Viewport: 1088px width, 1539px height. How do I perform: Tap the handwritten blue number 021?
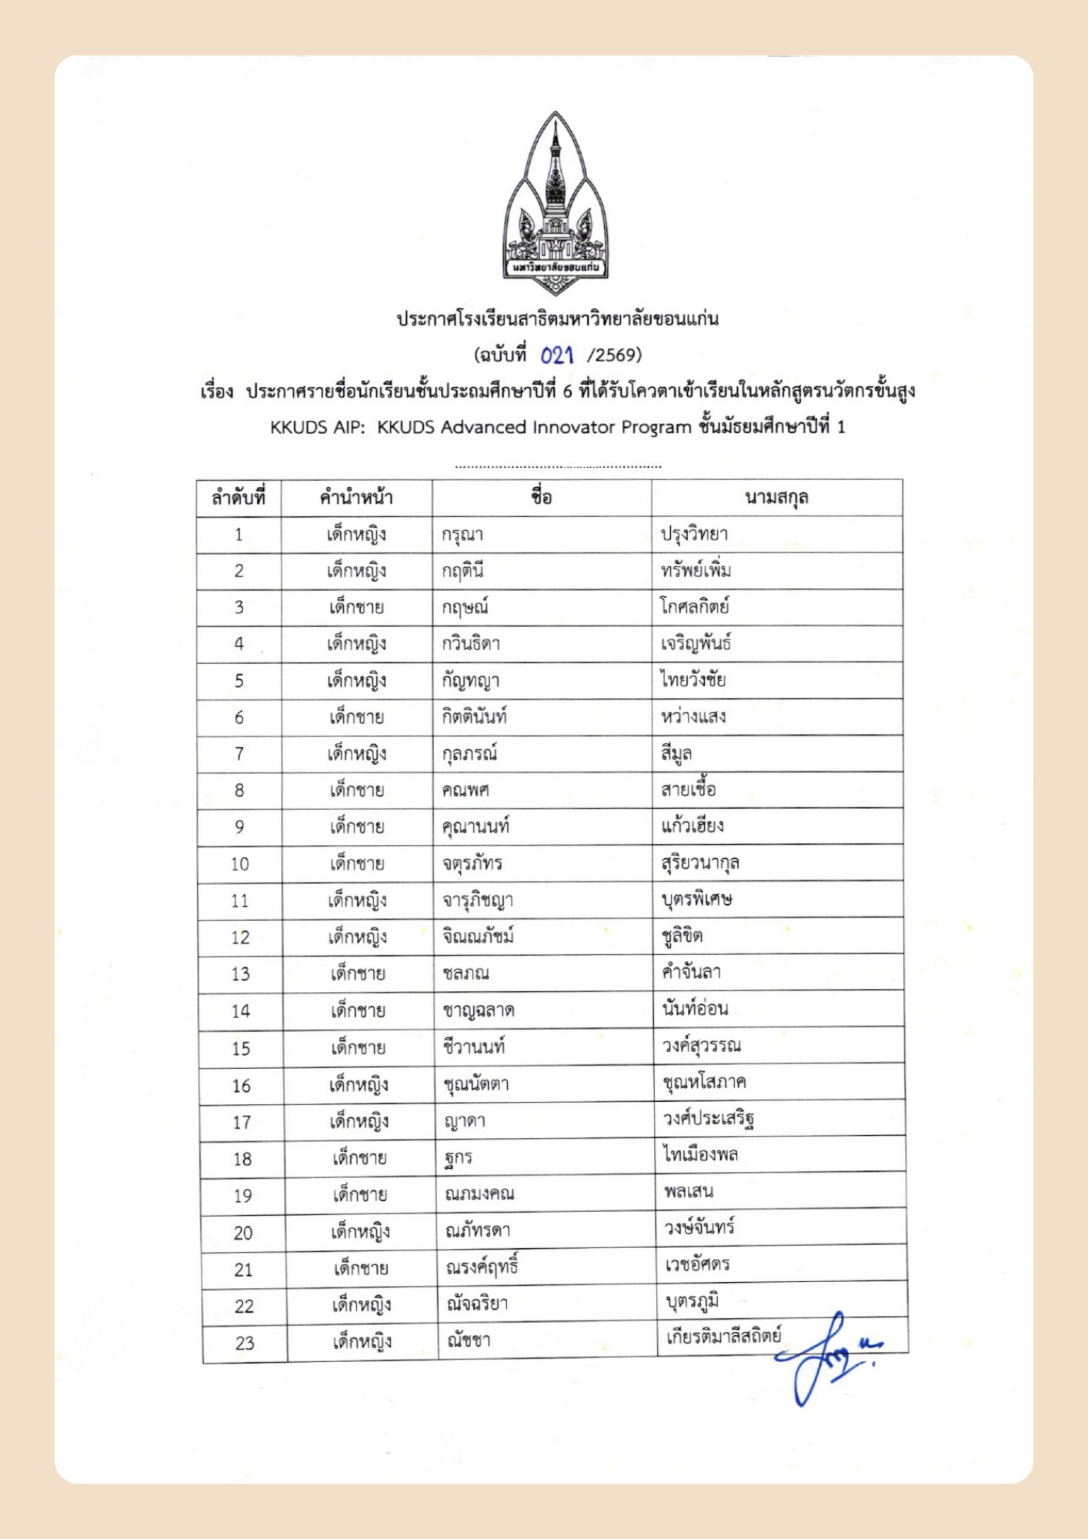tap(557, 355)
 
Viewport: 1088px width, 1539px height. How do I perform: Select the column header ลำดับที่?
tap(239, 498)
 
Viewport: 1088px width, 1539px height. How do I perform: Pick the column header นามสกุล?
tap(776, 498)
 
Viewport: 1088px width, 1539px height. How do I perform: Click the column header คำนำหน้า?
tap(356, 498)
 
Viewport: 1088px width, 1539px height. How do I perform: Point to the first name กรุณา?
tap(462, 535)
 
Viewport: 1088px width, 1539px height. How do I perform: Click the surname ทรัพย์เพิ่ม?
tap(696, 571)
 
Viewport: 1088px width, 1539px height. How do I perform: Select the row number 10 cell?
tap(239, 864)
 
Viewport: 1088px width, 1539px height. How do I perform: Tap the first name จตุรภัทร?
tap(472, 863)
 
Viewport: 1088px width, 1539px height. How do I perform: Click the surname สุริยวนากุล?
tap(700, 863)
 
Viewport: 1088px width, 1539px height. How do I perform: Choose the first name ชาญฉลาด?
tap(479, 1010)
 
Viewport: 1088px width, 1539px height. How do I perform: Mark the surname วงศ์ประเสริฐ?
tap(709, 1119)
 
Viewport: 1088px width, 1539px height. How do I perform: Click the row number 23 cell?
tap(244, 1344)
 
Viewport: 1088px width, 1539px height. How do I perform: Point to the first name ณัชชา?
tap(469, 1341)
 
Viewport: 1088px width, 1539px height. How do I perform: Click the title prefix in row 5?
tap(356, 681)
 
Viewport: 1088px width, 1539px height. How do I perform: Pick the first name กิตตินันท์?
tap(474, 717)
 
